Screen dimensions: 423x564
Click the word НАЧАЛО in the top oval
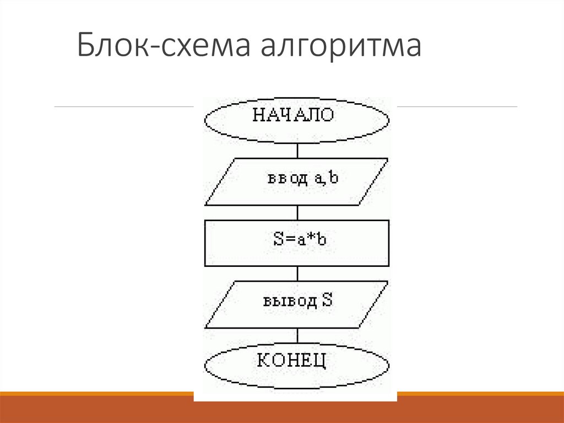293,115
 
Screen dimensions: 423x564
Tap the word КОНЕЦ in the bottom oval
293,361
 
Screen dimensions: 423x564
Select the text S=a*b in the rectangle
296,240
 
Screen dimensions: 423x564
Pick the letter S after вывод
326,301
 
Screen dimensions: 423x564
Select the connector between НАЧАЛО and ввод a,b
297,150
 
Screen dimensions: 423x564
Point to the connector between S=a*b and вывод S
297,274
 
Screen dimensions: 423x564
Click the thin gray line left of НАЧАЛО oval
124,106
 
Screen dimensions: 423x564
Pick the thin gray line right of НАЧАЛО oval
457,106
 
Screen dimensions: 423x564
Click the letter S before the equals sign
278,240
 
